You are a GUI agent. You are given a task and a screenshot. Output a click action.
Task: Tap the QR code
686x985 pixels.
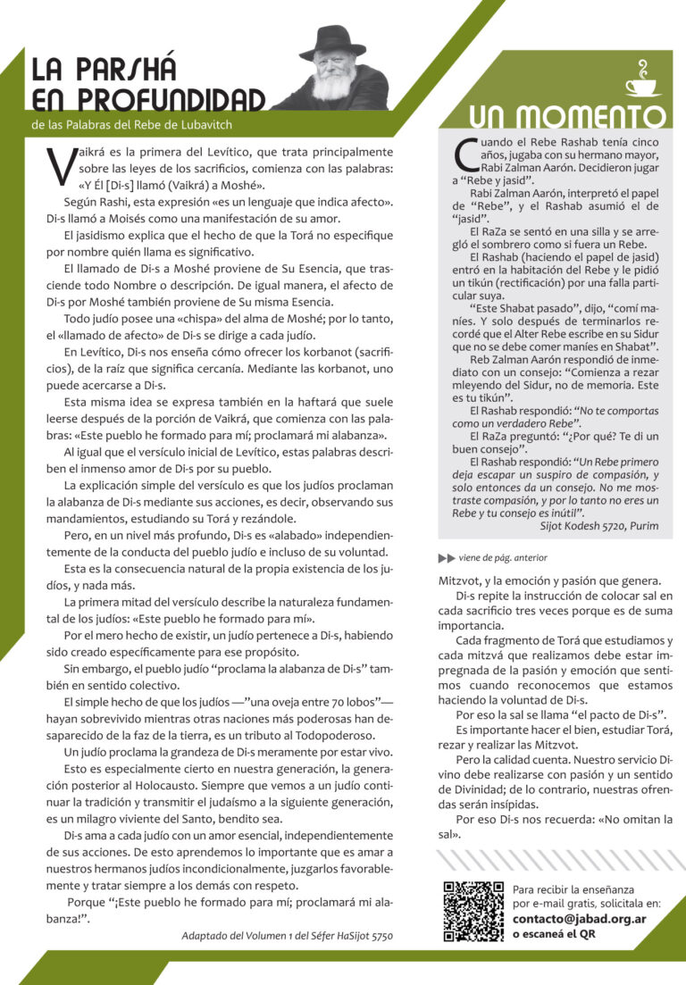(x=473, y=912)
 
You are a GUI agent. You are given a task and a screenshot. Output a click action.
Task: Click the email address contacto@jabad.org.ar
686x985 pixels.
(x=580, y=918)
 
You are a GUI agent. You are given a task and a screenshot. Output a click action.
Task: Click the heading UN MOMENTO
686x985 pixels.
(x=567, y=117)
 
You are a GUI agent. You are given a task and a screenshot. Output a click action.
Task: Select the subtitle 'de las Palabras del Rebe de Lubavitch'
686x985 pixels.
(x=131, y=124)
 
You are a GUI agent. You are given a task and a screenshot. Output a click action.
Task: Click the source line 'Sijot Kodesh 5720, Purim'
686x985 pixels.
(x=599, y=525)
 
